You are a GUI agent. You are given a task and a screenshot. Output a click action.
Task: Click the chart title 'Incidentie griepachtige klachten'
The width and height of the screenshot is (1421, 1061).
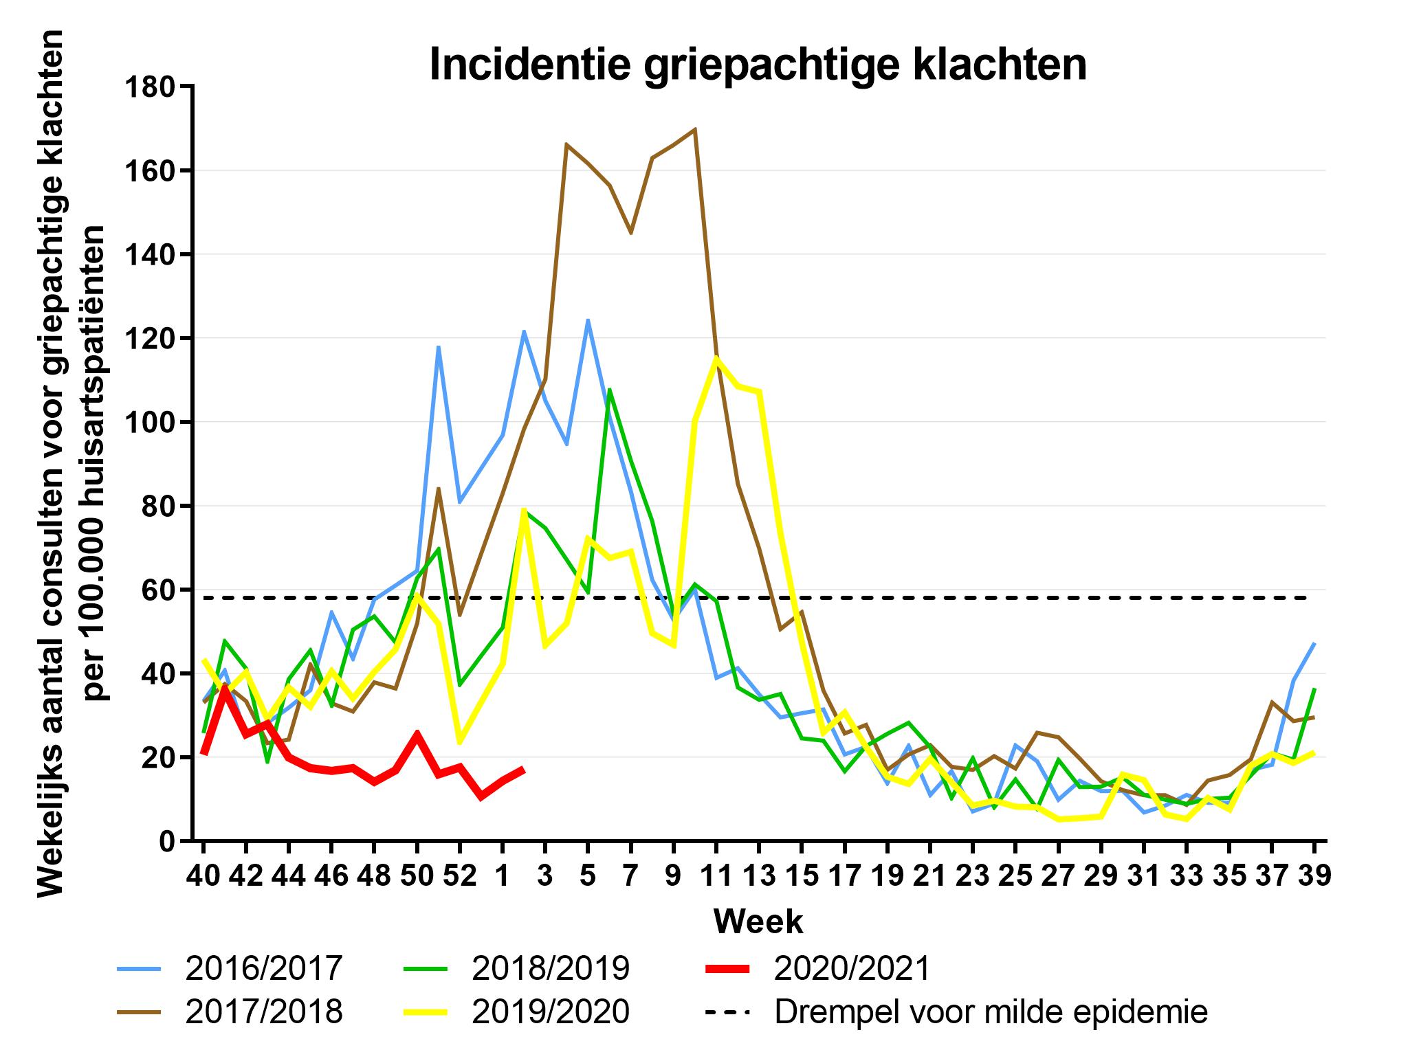pos(758,65)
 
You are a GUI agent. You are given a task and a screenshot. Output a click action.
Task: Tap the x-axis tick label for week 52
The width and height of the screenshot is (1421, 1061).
pos(459,877)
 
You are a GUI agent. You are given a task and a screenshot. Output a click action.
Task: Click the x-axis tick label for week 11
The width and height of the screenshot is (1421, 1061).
pos(716,877)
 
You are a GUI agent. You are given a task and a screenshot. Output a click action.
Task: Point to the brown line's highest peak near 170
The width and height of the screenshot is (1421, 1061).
pos(695,129)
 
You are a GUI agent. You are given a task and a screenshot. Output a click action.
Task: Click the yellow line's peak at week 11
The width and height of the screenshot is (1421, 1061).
pos(716,357)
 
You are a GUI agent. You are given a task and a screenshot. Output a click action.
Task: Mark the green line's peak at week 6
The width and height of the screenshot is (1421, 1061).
pos(610,390)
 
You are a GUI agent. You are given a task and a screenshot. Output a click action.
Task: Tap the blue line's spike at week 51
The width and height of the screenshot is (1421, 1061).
pos(438,347)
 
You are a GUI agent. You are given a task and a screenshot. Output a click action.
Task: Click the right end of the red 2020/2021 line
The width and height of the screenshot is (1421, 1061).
pos(523,769)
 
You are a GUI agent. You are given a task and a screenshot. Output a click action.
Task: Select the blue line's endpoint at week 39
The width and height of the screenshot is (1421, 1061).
pos(1314,644)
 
